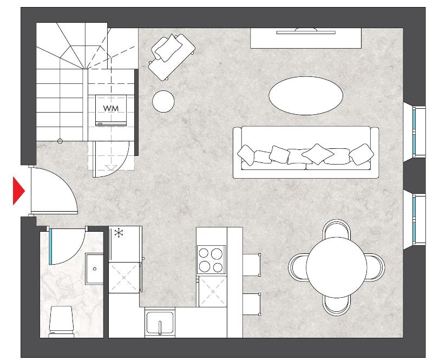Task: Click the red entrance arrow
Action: (18, 191)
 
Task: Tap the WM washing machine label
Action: (111, 109)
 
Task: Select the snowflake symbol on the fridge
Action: (119, 233)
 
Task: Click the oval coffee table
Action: (306, 96)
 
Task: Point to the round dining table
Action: (336, 267)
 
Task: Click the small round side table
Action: (163, 101)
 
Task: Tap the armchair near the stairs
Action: (172, 56)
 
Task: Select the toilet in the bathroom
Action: (61, 322)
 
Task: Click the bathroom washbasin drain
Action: (95, 269)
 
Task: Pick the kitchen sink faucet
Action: (160, 328)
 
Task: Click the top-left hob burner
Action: (204, 253)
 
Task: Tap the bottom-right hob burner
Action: (218, 267)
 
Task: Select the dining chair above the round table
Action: (337, 229)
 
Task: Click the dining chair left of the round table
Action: (298, 267)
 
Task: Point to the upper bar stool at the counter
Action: (252, 265)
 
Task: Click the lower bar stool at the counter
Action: (252, 304)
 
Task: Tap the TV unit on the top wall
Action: (306, 38)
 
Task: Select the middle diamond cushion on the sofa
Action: (318, 154)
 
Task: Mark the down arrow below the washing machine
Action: (111, 168)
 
